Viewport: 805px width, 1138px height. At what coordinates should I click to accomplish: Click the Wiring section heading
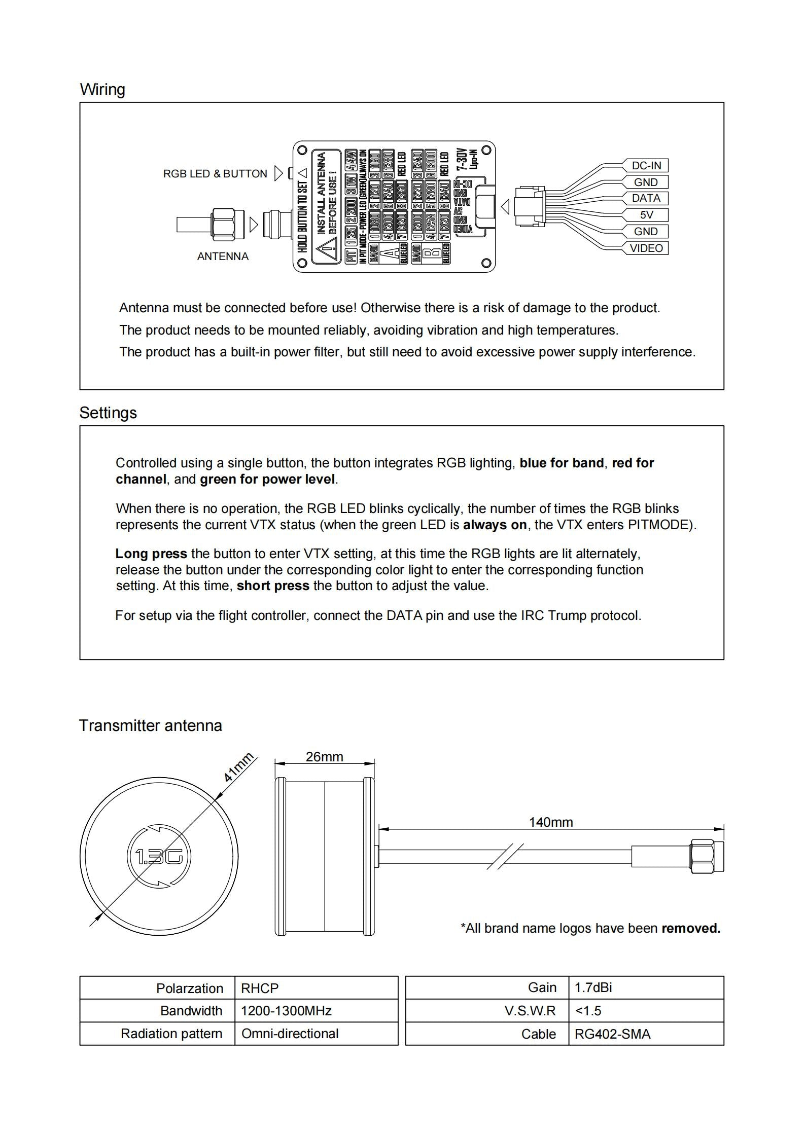[102, 89]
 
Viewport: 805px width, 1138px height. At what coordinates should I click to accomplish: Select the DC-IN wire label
[646, 166]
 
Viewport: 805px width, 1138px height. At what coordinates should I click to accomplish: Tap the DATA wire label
[646, 198]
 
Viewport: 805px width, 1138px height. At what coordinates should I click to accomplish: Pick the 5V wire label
[646, 215]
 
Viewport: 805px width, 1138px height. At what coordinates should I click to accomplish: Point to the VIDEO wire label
[646, 248]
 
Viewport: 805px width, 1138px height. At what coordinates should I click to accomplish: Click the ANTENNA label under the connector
[223, 256]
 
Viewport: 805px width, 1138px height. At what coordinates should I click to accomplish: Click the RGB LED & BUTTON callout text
[215, 174]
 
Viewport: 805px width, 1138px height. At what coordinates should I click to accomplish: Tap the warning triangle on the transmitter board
[326, 251]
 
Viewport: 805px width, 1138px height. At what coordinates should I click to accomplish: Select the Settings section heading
[108, 413]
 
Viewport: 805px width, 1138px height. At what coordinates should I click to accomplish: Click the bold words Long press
[151, 554]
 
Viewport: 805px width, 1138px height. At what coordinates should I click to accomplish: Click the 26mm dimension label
[325, 757]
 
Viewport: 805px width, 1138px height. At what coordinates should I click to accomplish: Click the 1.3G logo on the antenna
[159, 857]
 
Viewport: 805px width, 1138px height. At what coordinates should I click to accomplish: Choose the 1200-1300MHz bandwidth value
[286, 1011]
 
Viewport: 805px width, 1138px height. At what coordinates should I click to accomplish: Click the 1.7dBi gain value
[593, 987]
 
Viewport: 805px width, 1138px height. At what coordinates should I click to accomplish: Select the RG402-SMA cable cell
[612, 1034]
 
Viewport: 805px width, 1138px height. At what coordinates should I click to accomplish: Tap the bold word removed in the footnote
[691, 928]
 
